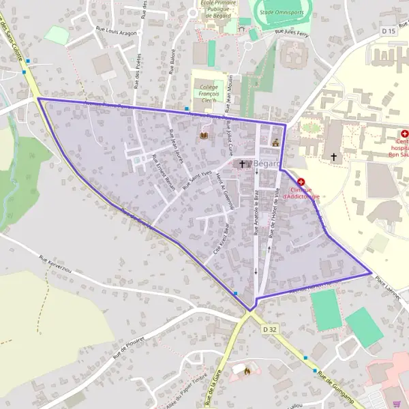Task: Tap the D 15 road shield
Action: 389,31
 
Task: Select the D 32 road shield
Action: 270,329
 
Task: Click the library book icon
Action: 203,135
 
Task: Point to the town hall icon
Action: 275,142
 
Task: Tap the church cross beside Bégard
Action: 242,164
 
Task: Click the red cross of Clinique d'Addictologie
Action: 301,181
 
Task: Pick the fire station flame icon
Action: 247,370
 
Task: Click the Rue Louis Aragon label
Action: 112,31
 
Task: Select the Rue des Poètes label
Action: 138,71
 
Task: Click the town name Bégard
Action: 267,164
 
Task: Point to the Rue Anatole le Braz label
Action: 256,213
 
